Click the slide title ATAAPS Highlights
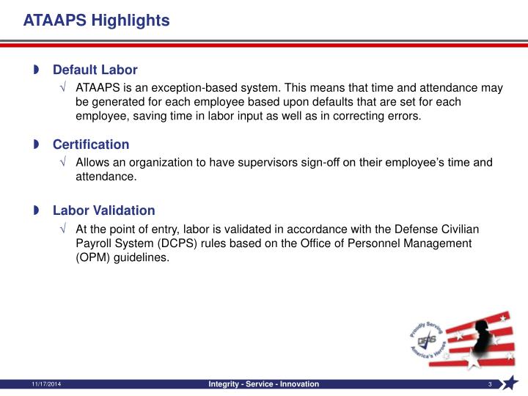(x=96, y=21)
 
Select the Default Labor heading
(x=95, y=70)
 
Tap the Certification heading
(x=90, y=144)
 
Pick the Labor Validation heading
(x=103, y=210)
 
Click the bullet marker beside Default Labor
(x=36, y=70)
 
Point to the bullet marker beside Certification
(x=36, y=144)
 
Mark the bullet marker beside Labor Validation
(x=36, y=211)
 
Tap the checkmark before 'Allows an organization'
(x=65, y=163)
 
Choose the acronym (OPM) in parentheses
(x=94, y=257)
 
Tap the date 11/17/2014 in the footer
(x=45, y=385)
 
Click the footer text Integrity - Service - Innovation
(x=264, y=385)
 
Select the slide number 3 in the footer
(x=489, y=385)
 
